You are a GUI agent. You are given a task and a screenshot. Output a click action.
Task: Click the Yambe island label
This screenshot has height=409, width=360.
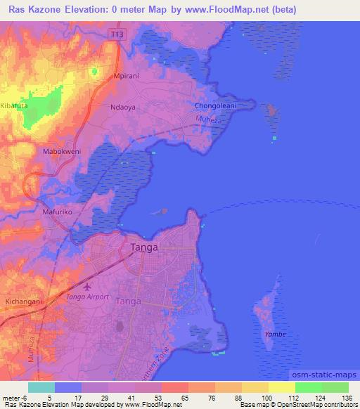click(275, 334)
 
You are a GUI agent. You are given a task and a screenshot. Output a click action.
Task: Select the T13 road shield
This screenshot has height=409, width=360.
click(117, 33)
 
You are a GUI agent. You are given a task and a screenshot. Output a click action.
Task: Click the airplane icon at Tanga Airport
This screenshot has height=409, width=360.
click(86, 287)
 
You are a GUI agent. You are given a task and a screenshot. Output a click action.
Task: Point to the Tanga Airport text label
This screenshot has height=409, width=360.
click(87, 297)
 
